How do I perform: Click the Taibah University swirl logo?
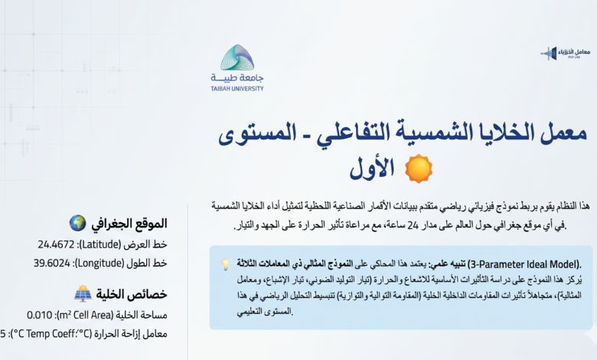pyautogui.click(x=237, y=57)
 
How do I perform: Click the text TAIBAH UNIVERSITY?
pyautogui.click(x=237, y=89)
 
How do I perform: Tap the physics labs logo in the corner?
pyautogui.click(x=566, y=53)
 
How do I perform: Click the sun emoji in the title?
pyautogui.click(x=419, y=169)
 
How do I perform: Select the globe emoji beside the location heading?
pyautogui.click(x=77, y=223)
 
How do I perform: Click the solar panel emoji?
pyautogui.click(x=83, y=293)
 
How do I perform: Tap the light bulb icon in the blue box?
pyautogui.click(x=226, y=264)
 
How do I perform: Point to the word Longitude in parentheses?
pyautogui.click(x=100, y=263)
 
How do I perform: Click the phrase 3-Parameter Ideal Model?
pyautogui.click(x=524, y=264)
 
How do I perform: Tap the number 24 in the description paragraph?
pyautogui.click(x=413, y=225)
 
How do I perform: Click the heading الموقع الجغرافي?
pyautogui.click(x=129, y=223)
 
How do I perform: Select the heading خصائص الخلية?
pyautogui.click(x=132, y=294)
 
